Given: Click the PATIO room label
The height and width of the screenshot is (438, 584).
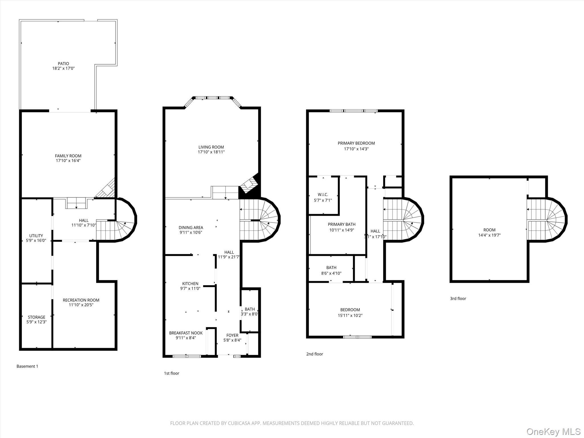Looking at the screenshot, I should coord(63,64).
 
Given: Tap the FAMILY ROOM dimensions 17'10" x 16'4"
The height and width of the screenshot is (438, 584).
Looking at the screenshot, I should coord(68,161).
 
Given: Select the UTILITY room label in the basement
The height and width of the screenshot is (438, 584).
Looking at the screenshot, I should coord(36,236).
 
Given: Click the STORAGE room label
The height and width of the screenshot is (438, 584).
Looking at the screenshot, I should coord(36,317).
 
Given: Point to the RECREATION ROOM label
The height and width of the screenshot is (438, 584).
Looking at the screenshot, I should coord(81,300).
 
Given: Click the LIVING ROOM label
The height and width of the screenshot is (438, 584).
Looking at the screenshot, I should coord(211,147).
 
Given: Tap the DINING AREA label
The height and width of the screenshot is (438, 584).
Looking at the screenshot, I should coord(191,228).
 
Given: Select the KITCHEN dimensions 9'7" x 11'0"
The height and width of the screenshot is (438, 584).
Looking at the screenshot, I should coord(190,288).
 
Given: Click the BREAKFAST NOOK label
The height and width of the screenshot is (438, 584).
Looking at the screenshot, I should coord(186,333).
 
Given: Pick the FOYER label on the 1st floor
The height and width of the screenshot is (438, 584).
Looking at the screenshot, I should coord(232,335).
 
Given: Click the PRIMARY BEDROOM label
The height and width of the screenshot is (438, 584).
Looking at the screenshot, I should coord(356,143).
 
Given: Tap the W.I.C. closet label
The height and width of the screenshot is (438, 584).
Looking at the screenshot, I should coord(323,194).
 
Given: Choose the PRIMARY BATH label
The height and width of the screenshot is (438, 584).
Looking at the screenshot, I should coord(342,224).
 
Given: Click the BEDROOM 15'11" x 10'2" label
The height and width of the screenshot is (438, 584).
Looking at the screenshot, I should coord(350,310).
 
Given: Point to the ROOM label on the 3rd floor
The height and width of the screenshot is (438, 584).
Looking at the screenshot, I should coord(489,230).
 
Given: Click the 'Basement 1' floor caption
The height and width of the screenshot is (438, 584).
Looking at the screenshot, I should coord(27,366).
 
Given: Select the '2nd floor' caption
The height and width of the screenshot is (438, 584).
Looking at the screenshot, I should coord(315,354).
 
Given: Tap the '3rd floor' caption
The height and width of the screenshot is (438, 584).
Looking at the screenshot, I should coord(458,299).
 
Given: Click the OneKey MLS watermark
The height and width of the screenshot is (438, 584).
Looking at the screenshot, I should coord(553,431).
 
